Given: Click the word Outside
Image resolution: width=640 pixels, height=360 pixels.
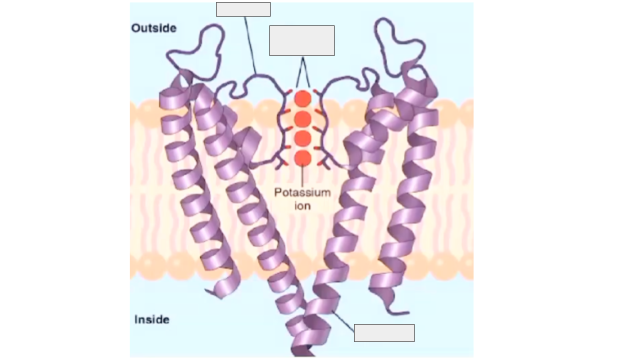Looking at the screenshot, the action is (x=154, y=28).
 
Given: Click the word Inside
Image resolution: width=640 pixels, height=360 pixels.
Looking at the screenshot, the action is (x=152, y=319).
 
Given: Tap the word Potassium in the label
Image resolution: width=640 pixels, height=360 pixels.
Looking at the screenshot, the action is (x=303, y=193).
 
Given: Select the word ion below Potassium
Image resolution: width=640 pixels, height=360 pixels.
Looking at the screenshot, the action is (x=303, y=206).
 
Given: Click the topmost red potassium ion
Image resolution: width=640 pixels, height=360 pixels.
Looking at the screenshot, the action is (x=303, y=99).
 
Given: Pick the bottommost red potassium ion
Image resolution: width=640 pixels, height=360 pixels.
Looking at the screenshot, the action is (x=303, y=159).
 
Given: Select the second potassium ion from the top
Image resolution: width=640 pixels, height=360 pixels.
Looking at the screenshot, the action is (x=303, y=119).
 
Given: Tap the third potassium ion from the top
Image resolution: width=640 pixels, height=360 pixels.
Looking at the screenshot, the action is (x=303, y=139).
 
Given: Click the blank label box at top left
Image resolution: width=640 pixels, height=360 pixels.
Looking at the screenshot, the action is (x=243, y=9).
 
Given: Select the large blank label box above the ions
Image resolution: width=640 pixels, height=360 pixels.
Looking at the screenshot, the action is (x=302, y=41).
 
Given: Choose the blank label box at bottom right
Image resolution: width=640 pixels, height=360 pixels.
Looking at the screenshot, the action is (x=384, y=333).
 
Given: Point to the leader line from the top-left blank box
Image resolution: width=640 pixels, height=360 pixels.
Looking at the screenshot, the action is (x=250, y=45).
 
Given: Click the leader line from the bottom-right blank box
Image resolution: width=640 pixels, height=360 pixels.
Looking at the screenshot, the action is (x=343, y=321).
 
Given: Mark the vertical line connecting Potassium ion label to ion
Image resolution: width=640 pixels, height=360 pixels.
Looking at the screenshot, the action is (x=303, y=175).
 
